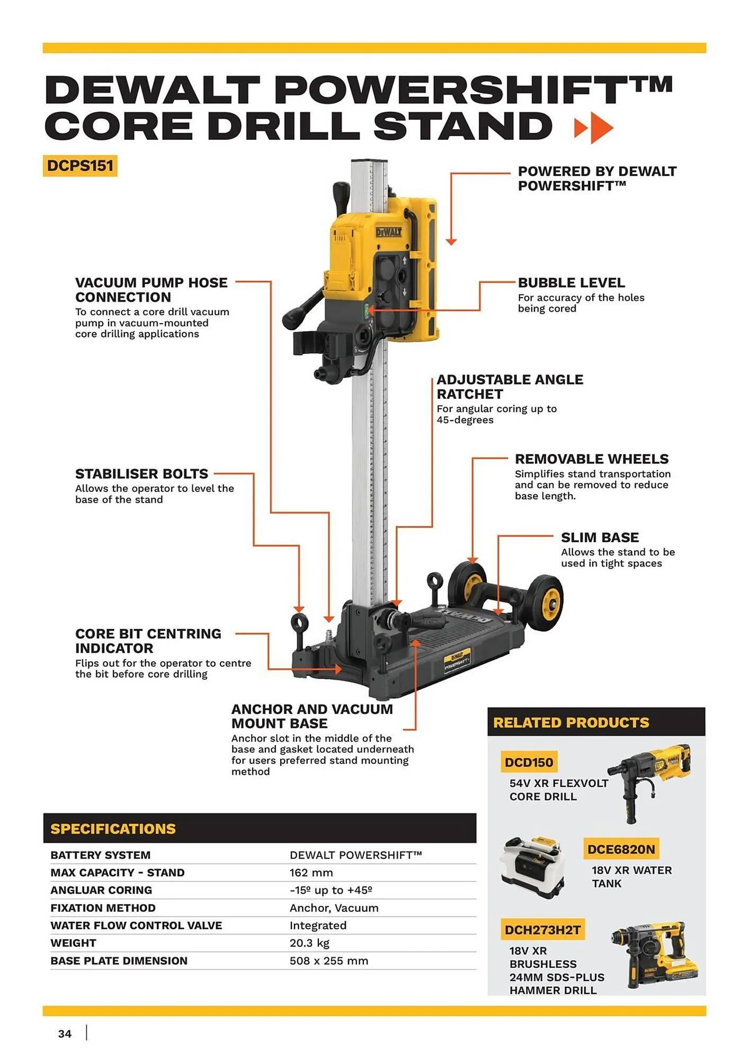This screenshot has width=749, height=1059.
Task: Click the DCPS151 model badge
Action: pos(80,166)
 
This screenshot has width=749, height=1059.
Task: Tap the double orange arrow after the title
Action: pos(594,128)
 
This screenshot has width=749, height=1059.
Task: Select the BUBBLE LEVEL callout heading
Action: pos(571,283)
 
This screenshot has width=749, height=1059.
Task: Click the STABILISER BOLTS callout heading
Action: pos(141,473)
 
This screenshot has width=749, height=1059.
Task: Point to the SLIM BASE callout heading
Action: pos(600,537)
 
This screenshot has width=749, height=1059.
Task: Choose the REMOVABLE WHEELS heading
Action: pos(591,459)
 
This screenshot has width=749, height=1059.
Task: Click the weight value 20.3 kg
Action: pos(309,943)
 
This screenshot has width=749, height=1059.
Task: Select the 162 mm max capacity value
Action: pos(311,873)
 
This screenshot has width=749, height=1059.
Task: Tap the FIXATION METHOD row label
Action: pos(103,908)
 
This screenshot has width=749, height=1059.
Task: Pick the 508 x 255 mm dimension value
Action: pos(328,961)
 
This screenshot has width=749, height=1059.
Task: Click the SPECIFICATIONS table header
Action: pos(113,829)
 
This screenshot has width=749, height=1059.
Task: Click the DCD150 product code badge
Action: pos(529,762)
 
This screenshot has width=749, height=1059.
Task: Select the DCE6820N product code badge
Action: pos(621,849)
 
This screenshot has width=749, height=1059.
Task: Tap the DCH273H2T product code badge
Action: pos(542,930)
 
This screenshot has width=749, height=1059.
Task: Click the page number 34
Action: pos(65,1034)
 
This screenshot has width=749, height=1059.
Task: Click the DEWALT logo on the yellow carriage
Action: pos(389,232)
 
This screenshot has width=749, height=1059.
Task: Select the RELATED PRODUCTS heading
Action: pos(570,722)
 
